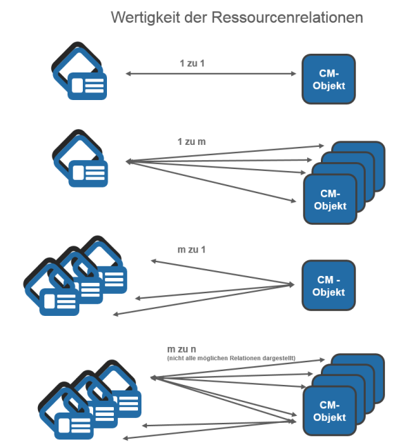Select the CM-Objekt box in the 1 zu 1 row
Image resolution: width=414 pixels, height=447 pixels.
329,79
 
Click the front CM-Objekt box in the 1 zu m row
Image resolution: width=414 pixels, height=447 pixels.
329,199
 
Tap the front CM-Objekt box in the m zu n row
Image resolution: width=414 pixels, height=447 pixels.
329,411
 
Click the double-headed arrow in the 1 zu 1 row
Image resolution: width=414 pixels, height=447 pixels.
211,72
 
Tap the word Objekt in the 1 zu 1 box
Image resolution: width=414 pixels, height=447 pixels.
329,86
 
